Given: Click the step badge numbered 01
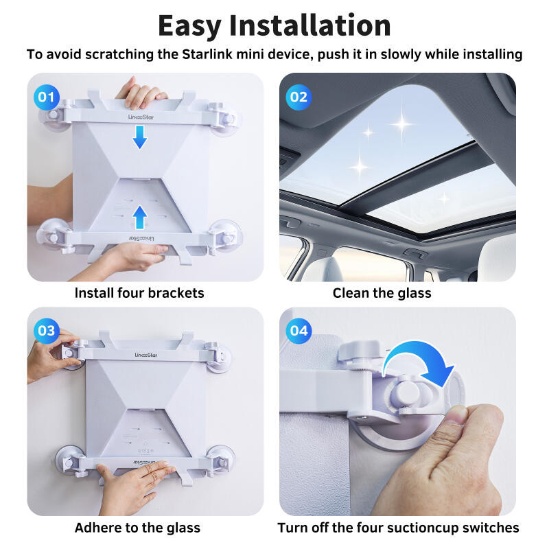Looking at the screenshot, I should click(46, 97).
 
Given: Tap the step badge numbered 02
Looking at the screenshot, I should click(299, 97).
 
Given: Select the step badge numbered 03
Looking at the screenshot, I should click(46, 331).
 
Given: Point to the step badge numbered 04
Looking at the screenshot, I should click(299, 331).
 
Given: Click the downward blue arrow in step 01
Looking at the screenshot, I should click(139, 137).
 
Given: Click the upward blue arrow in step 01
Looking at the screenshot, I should click(139, 218).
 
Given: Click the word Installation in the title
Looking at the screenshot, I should click(309, 25).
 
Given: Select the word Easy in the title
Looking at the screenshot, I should click(190, 25).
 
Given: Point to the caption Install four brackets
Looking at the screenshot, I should click(139, 293).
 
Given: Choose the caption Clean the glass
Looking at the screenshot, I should click(382, 293).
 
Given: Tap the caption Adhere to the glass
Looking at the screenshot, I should click(137, 527).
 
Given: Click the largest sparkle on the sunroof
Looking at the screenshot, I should click(401, 124).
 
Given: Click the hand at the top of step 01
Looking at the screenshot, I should click(141, 92).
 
